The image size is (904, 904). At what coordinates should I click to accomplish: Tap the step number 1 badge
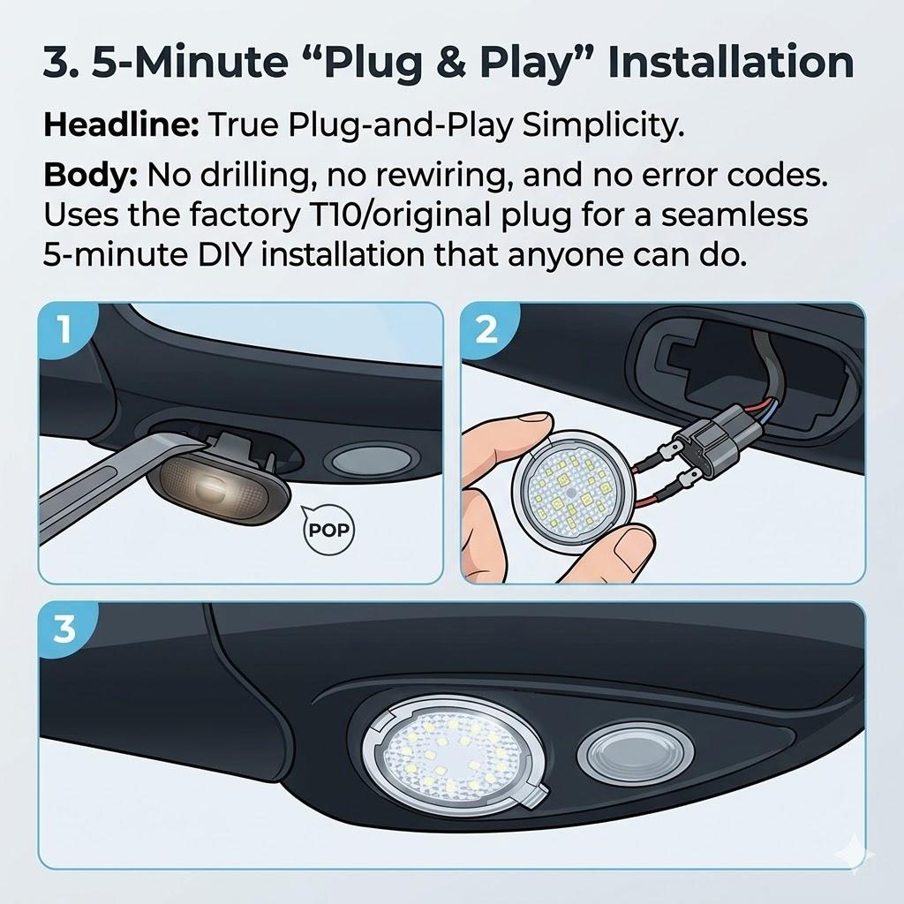coord(63,329)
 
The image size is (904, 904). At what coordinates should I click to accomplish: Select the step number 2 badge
coord(486,329)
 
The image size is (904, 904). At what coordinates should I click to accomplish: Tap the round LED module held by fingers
coord(570,489)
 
